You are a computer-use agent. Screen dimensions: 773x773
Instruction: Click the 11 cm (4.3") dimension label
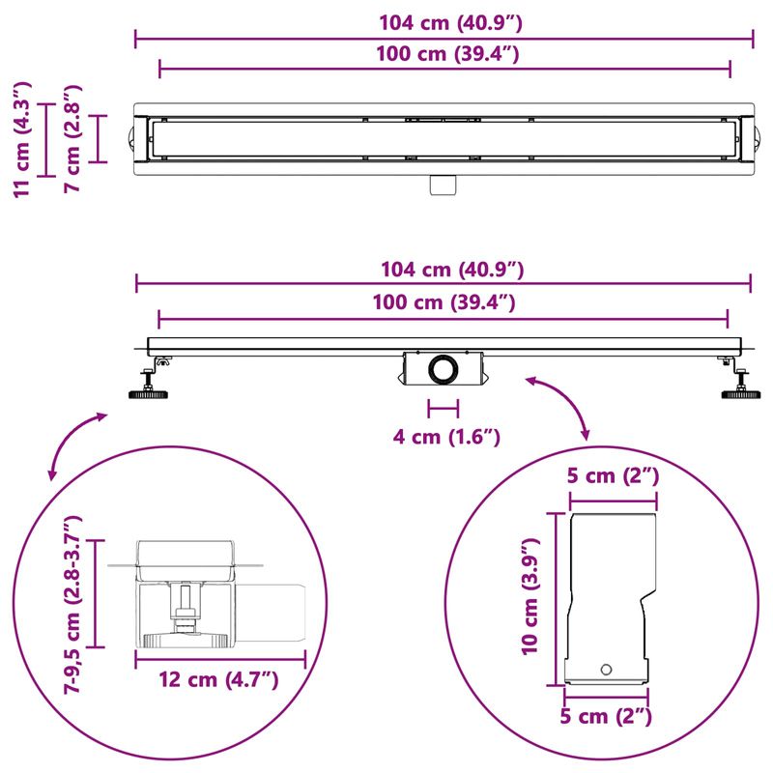click(x=26, y=138)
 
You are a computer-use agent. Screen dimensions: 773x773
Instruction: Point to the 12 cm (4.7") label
click(x=219, y=679)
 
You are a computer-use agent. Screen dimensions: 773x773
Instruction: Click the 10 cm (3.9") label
click(x=530, y=598)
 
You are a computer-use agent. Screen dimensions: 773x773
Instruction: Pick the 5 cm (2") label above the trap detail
click(x=614, y=476)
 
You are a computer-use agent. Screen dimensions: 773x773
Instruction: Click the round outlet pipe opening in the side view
click(x=444, y=369)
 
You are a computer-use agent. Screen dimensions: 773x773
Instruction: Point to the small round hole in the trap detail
click(x=607, y=669)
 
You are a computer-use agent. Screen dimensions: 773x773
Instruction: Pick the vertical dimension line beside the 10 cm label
click(x=557, y=598)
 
